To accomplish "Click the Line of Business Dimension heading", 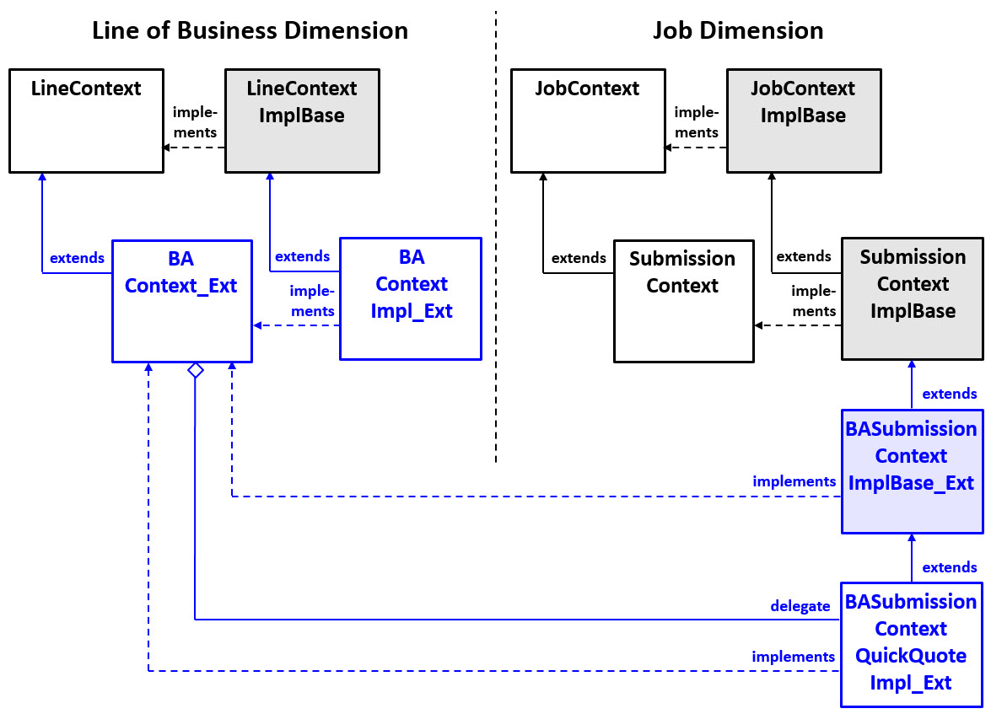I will click(x=250, y=30).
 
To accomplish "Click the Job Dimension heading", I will click(x=738, y=30).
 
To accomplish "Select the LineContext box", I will click(x=86, y=121).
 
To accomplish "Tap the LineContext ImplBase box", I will click(x=302, y=121).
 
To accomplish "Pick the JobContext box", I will click(x=587, y=121).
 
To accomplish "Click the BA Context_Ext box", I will click(x=182, y=301).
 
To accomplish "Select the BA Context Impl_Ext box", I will click(x=411, y=298).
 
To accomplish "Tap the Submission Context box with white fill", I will click(x=683, y=301).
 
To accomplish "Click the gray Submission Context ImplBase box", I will click(x=912, y=298).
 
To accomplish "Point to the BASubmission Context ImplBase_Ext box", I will click(x=912, y=471).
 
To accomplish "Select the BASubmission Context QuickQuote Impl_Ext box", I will click(x=912, y=644).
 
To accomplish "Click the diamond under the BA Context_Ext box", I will click(x=195, y=370).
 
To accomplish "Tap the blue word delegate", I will click(x=800, y=606).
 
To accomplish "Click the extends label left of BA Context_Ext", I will click(x=77, y=258).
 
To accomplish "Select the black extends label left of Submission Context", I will click(x=579, y=258).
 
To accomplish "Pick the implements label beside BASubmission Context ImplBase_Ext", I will click(x=794, y=481).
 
